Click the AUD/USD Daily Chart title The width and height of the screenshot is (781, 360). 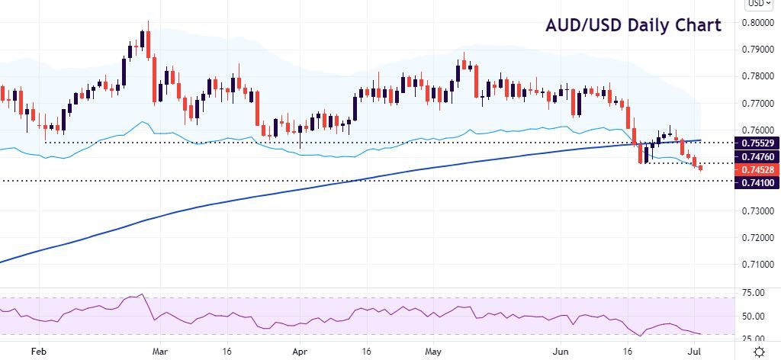point(633,25)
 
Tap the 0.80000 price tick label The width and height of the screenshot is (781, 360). point(757,23)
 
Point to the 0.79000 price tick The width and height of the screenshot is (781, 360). point(757,50)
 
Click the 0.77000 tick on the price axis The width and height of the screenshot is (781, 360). point(757,103)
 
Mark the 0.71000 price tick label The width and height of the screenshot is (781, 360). point(757,264)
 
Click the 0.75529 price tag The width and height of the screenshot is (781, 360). point(755,143)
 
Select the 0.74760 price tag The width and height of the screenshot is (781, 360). point(755,156)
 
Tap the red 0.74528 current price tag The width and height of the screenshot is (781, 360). point(755,169)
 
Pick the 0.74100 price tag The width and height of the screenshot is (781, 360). point(755,183)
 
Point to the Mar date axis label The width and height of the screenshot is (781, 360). point(160,352)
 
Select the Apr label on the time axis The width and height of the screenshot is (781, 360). point(301,352)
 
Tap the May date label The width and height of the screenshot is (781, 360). point(432,352)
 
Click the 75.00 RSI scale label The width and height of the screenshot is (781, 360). point(754,293)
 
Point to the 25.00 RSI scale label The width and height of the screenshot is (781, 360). point(754,338)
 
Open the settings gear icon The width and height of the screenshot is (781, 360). point(760,351)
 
